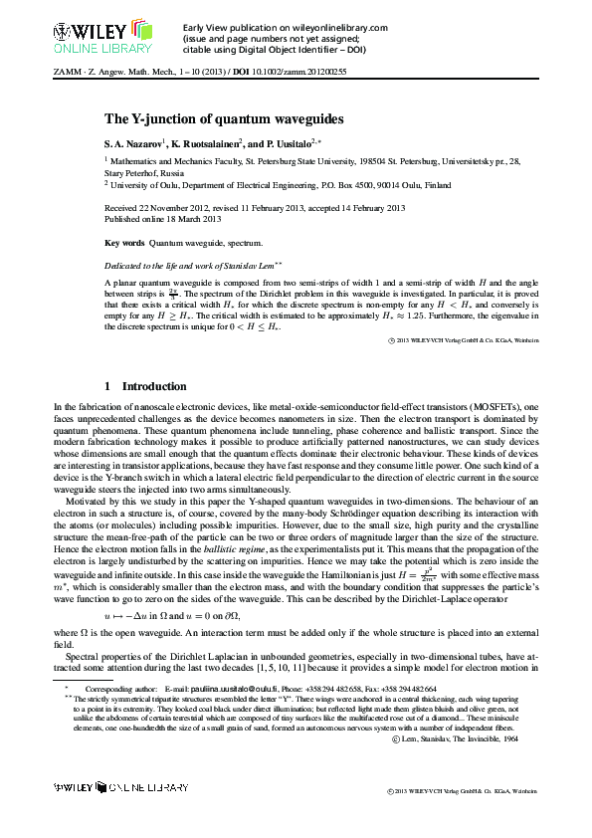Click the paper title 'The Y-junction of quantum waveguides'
tap(225, 118)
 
